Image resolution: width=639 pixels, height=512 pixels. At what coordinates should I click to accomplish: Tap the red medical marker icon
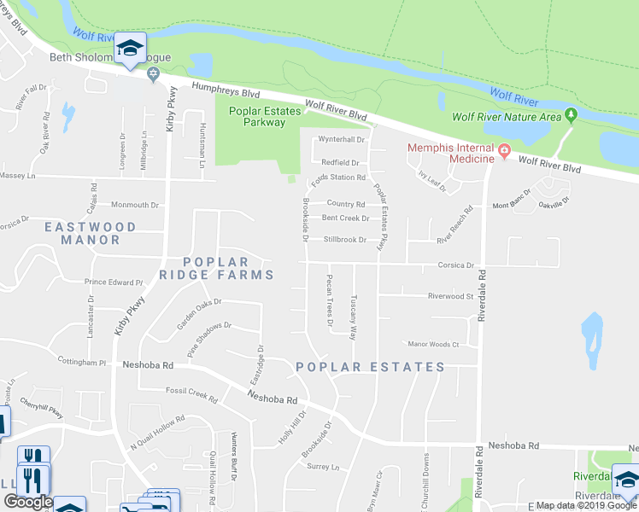point(505,154)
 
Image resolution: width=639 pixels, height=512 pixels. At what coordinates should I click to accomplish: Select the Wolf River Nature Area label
point(506,117)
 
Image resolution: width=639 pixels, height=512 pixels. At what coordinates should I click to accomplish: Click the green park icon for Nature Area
point(572,115)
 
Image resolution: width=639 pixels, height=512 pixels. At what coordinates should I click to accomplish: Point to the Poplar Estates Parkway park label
point(257,116)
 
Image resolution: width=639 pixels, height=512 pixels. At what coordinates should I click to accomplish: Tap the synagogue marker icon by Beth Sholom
point(154,73)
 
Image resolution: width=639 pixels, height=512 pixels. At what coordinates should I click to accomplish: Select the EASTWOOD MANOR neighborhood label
point(91,233)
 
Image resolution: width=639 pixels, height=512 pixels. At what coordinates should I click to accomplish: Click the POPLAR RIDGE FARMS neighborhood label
point(217,268)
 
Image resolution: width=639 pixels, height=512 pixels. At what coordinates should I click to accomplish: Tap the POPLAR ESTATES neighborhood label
point(370,367)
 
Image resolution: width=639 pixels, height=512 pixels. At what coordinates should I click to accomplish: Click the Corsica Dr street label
point(457,265)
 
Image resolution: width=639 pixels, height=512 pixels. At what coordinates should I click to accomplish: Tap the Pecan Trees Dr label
point(329,300)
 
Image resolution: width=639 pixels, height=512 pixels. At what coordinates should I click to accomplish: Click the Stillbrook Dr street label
point(344,240)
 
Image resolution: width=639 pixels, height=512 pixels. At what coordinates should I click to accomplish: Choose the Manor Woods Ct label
point(434,345)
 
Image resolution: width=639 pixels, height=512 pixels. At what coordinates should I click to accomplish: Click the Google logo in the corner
point(28,503)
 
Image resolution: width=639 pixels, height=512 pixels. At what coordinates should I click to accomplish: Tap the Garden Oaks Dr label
point(198,313)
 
